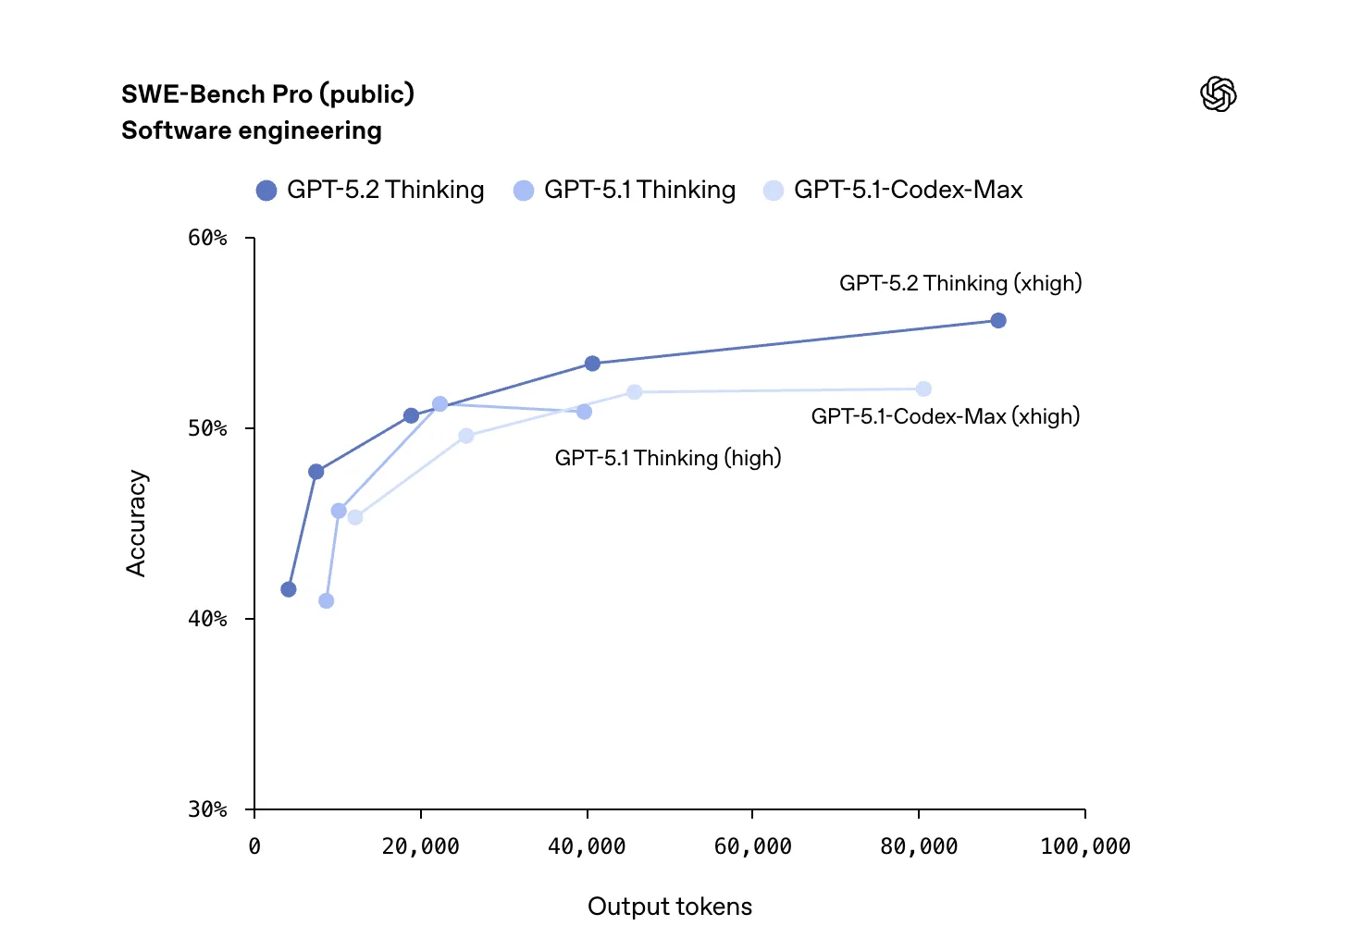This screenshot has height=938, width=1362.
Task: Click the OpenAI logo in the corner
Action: point(1218,93)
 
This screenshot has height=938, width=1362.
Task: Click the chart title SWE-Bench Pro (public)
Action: point(267,94)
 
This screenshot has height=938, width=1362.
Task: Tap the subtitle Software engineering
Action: point(251,130)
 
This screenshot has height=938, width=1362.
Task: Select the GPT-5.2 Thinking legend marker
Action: point(266,191)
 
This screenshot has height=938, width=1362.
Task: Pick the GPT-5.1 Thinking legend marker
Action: point(524,191)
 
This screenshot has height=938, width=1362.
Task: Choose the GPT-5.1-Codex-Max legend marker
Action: point(774,191)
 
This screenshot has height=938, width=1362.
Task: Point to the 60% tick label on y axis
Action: point(207,239)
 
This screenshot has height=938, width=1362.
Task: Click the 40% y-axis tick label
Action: point(207,619)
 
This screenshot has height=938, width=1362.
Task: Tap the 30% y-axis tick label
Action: point(207,809)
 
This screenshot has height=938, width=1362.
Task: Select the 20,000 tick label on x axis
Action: point(420,846)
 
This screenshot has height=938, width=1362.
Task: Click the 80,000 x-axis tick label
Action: point(919,846)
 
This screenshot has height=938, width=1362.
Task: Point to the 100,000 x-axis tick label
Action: point(1085,846)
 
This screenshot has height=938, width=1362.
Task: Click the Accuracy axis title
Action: point(136,524)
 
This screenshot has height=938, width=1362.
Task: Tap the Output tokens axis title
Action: point(670,907)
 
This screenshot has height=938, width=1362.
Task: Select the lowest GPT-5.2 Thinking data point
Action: point(289,589)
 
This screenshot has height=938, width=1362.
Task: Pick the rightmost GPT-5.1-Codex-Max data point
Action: point(923,389)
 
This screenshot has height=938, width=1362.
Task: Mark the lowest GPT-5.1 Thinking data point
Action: point(326,601)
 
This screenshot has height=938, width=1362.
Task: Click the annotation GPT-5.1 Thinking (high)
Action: point(668,458)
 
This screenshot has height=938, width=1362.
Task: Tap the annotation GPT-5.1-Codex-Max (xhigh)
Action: point(946,416)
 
